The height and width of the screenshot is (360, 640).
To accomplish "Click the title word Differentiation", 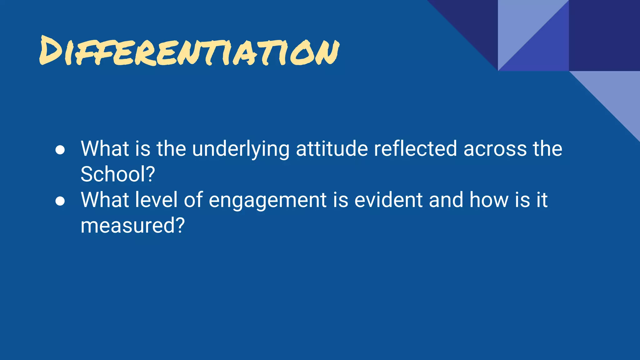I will (x=189, y=52).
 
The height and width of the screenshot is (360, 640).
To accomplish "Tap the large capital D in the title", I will (x=52, y=50).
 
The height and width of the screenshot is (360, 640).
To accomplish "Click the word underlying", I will (x=241, y=149).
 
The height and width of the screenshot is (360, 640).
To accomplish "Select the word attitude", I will (x=332, y=149).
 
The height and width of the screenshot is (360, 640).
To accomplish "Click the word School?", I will (x=118, y=174).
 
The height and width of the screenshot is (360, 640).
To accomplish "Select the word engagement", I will (x=267, y=200).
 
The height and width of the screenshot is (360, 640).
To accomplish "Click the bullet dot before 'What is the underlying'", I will (x=60, y=150).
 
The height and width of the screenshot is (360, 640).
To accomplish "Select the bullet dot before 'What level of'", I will (x=60, y=201).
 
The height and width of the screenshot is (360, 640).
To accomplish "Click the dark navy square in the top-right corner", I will (x=604, y=35).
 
